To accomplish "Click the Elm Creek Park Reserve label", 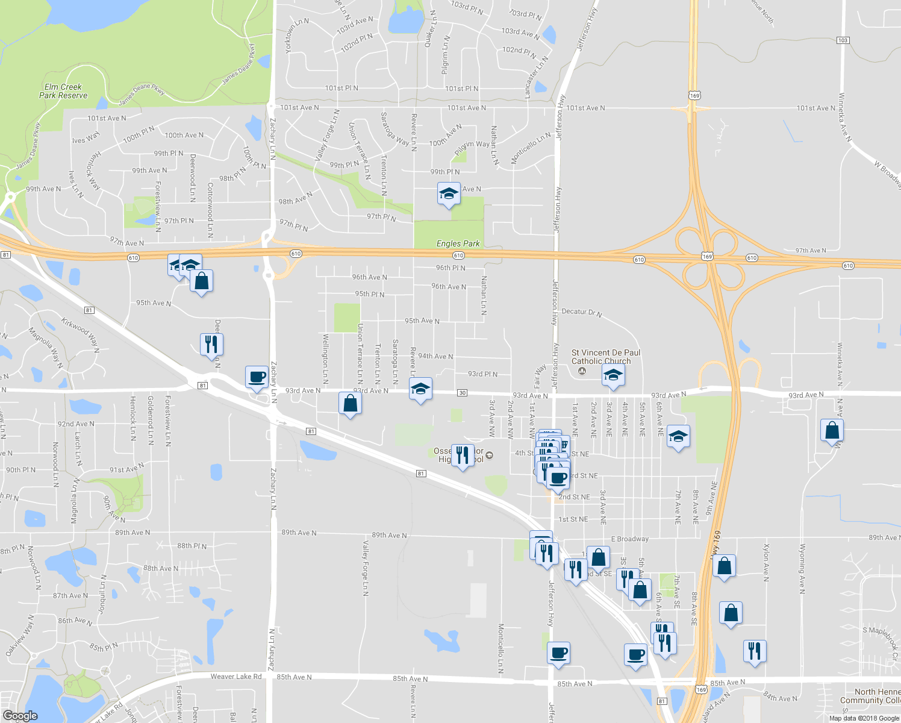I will (x=63, y=91).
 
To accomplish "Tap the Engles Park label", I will (x=458, y=243).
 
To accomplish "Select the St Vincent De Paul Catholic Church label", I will (x=605, y=357).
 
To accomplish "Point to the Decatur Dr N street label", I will (x=581, y=312).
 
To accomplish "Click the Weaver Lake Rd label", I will (x=236, y=677).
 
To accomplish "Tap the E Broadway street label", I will (x=630, y=539).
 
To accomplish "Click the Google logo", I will (x=20, y=716).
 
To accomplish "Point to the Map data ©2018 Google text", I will (x=864, y=718).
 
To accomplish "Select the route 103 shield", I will (x=842, y=40).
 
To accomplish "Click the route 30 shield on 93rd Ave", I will (x=462, y=393).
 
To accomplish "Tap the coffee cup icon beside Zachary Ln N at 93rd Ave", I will (x=257, y=377).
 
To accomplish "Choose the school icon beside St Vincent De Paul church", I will (x=613, y=375).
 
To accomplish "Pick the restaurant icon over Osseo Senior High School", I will (x=462, y=455).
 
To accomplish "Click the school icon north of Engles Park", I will (x=448, y=193).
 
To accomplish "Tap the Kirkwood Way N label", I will (x=80, y=332).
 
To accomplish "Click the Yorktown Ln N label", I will (x=297, y=36).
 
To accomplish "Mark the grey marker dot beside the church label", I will (x=581, y=371).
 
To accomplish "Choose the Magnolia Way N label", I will (x=46, y=348).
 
